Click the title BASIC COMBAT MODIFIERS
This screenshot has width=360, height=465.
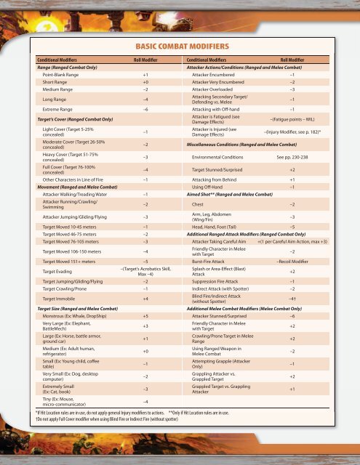(180, 46)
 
